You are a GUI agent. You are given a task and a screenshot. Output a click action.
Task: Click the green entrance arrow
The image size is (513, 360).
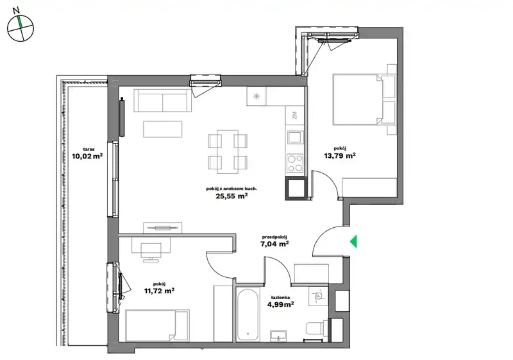point(354,242)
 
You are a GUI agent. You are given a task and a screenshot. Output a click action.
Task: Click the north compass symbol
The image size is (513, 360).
point(21,27)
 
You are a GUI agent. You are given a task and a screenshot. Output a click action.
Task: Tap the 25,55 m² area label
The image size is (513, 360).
point(231,196)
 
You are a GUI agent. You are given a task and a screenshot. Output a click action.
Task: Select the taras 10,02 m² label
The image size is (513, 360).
point(87,153)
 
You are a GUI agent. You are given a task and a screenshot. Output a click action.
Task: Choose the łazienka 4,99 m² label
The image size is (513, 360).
point(280,302)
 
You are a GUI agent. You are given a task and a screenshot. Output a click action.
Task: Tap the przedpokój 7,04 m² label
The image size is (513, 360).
point(274,241)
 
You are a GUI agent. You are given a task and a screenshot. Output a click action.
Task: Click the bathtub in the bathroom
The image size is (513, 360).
point(249,314)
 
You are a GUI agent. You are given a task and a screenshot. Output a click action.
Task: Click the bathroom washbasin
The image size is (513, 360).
point(278,336)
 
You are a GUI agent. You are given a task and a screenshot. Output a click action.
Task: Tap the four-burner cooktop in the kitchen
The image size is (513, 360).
point(295,163)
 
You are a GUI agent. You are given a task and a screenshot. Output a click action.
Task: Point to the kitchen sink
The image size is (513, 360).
point(295,137)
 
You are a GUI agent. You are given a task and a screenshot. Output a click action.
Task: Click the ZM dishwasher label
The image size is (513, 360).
point(294,116)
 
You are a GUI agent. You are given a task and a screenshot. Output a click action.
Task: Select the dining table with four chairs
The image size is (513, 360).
point(228,151)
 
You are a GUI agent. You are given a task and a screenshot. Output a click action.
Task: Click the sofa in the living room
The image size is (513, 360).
point(162,101)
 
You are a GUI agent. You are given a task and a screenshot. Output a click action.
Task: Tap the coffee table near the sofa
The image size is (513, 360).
point(163,129)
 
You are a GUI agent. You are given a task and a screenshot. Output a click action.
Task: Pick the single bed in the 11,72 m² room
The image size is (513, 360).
point(157,325)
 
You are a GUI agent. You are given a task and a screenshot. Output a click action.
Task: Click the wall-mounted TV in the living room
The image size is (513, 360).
point(122,117)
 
